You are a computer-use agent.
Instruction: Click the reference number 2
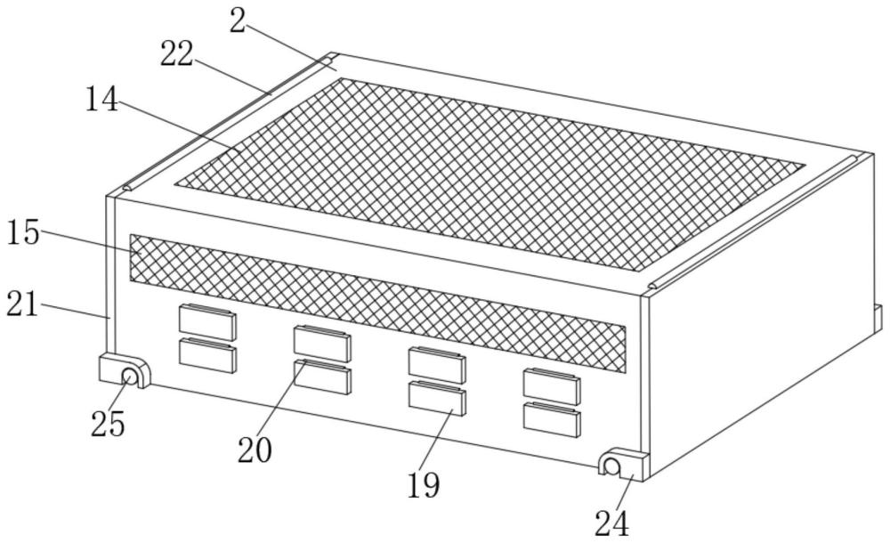[x=237, y=21]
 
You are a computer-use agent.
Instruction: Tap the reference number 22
[x=177, y=55]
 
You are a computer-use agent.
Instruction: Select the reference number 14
[x=101, y=98]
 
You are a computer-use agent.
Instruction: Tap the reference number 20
[x=254, y=450]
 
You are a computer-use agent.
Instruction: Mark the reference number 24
[x=611, y=523]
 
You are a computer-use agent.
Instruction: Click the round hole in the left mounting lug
[x=130, y=377]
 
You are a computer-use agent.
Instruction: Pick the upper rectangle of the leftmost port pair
[x=207, y=321]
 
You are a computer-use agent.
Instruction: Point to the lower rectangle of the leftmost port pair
[x=207, y=355]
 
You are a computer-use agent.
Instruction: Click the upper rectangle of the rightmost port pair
[x=552, y=385]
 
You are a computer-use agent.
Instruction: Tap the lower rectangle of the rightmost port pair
[x=552, y=418]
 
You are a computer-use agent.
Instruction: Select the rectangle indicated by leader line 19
[x=437, y=397]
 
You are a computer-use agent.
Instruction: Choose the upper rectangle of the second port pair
[x=322, y=343]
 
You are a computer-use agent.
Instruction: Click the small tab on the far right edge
[x=878, y=319]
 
